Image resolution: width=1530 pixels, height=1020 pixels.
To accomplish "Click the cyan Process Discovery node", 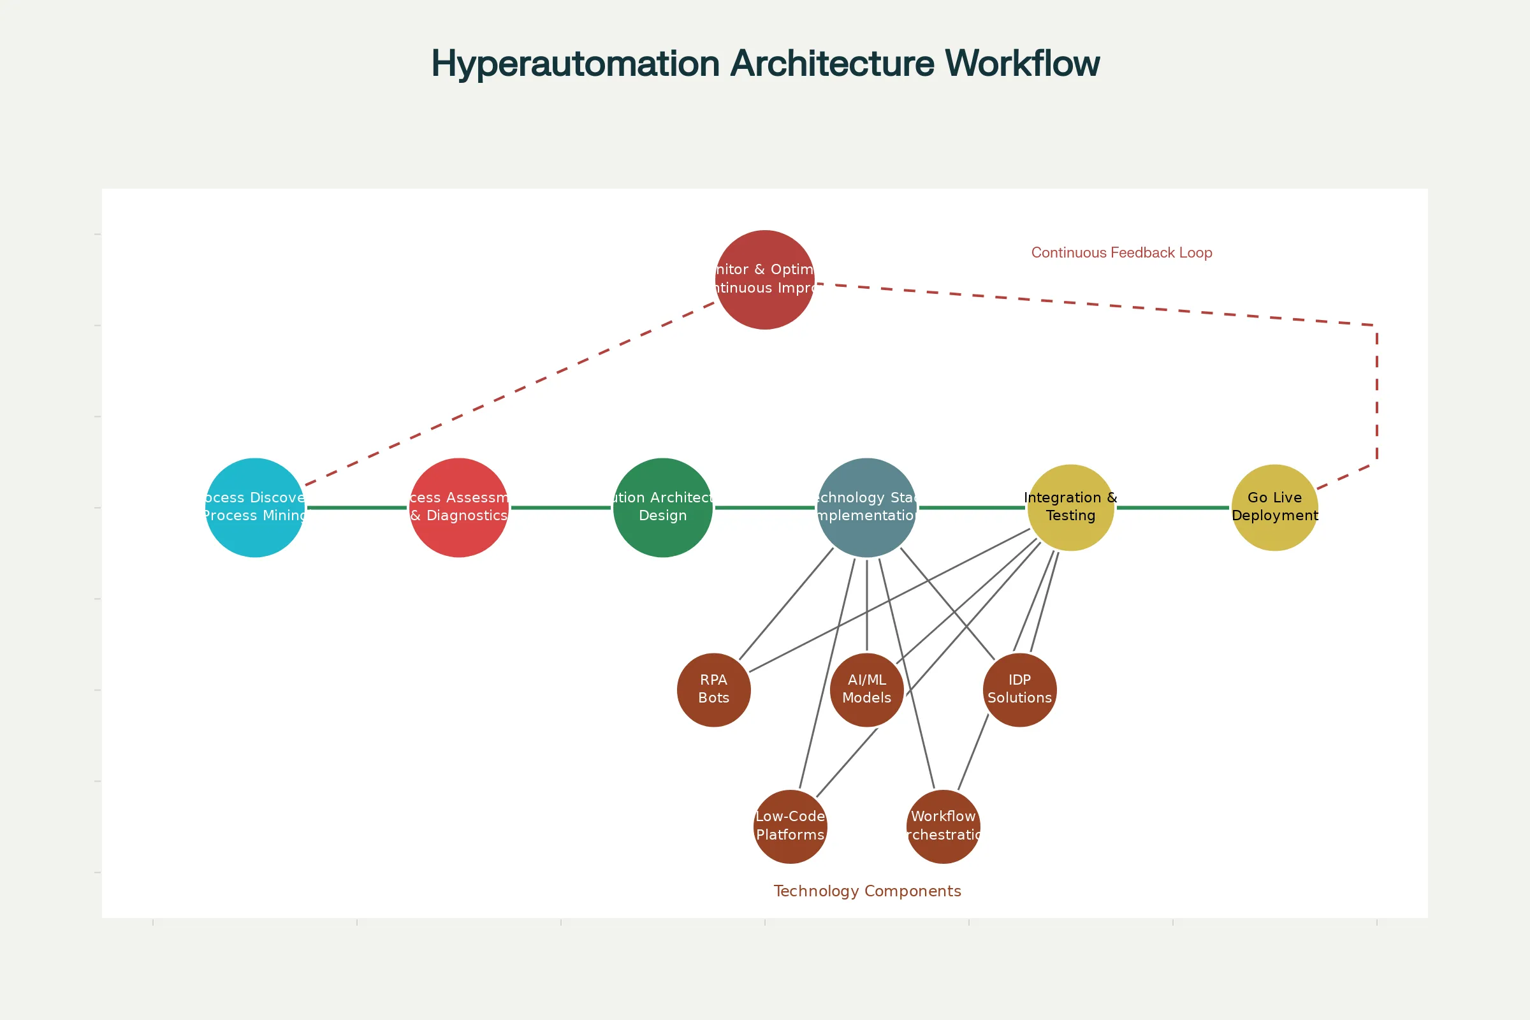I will pos(254,507).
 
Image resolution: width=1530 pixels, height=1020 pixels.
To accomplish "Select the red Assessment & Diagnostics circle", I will pos(458,507).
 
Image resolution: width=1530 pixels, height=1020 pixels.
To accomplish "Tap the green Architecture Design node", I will pos(662,507).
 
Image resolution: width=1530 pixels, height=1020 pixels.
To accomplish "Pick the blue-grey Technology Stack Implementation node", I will pos(866,507).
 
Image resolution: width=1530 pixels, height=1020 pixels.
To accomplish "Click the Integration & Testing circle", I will pos(1071,507).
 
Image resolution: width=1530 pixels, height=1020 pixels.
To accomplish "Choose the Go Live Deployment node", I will pos(1274,507).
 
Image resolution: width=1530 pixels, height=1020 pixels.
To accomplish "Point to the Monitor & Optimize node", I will pos(764,280).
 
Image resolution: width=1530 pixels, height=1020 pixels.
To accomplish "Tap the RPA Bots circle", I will pos(713,690).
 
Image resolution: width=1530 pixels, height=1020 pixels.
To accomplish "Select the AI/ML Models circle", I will pos(866,690).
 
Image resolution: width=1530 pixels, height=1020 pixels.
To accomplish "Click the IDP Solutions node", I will pos(1019,690).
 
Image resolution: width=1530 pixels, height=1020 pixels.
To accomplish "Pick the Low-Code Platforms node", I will pos(790,826).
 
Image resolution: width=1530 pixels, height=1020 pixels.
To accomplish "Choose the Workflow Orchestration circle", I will pos(943,826).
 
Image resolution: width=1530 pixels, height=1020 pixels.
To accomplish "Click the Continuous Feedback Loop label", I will pos(1121,252).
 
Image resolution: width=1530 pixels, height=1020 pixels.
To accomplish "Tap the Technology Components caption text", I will pos(866,891).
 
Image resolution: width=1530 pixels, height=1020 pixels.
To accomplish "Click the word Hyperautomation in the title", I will pos(575,64).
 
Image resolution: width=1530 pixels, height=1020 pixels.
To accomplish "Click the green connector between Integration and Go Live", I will pos(1172,507).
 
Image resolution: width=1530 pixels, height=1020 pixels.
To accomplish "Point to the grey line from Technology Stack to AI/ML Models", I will pos(866,605).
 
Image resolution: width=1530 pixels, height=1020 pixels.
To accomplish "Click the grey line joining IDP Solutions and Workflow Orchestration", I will pos(973,752).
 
